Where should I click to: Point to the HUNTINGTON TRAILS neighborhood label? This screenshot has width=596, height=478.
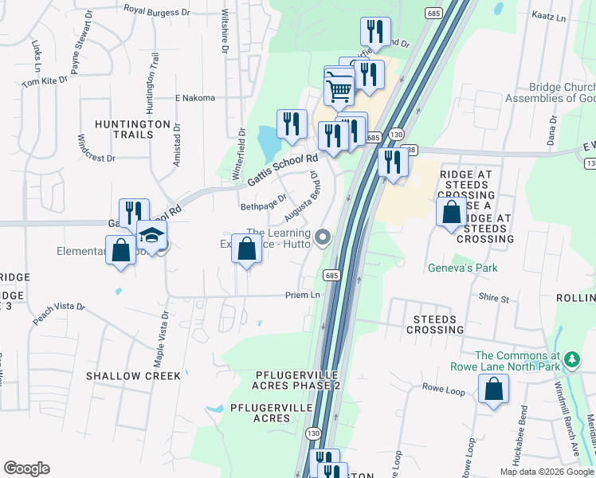coord(132,129)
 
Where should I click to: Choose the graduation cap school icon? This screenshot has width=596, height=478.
coord(151,235)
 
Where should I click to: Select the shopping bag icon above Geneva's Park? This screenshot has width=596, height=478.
coord(452,212)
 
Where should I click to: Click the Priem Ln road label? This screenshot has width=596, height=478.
coord(303,295)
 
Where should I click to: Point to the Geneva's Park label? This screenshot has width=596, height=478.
coord(462,268)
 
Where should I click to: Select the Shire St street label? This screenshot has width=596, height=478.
coord(494,299)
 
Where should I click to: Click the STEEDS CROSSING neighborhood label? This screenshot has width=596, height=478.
coord(434,324)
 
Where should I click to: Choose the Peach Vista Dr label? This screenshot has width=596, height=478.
coord(58,313)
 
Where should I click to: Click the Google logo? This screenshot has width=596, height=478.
coord(26,468)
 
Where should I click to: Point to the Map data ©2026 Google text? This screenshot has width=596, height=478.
coord(546,472)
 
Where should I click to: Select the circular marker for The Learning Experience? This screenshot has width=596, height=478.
coord(323,237)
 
